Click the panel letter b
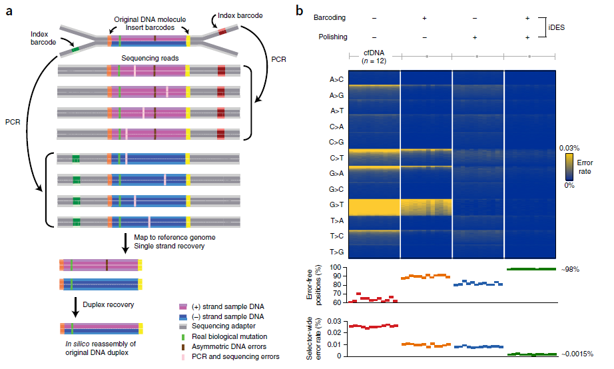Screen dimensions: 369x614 point(300,11)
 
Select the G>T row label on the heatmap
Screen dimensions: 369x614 point(336,206)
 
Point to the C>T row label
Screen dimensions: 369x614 point(336,158)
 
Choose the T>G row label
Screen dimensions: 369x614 point(336,252)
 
